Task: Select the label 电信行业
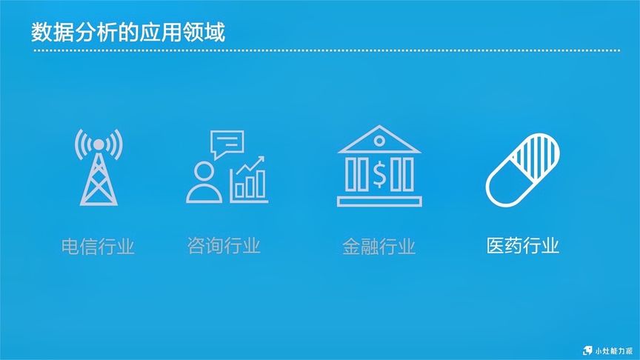point(98,247)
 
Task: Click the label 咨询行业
point(224,245)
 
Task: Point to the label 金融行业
point(379,247)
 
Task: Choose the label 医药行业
point(523,245)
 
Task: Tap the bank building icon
point(379,166)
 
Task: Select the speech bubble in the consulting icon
point(227,143)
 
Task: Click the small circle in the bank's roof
point(379,141)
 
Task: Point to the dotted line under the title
point(326,50)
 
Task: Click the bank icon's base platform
point(379,201)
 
